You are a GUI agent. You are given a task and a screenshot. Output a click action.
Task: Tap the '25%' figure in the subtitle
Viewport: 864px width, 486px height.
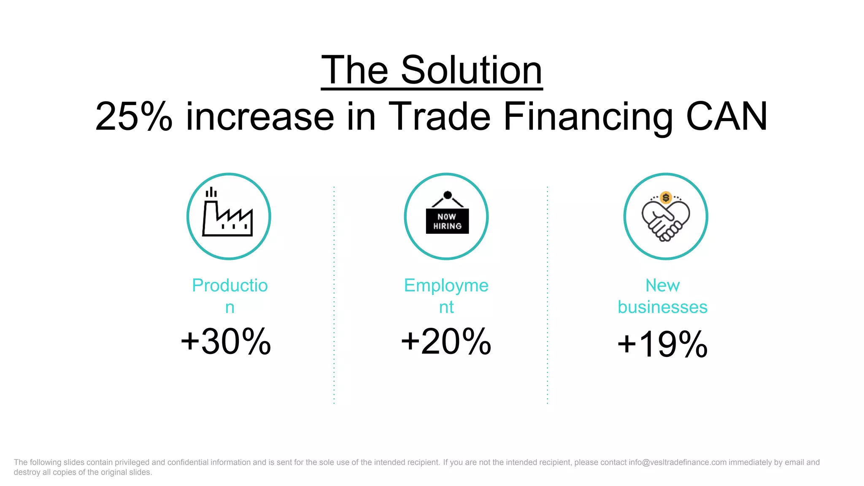click(x=134, y=116)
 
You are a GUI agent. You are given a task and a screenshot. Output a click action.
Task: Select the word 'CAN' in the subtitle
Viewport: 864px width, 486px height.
click(x=726, y=116)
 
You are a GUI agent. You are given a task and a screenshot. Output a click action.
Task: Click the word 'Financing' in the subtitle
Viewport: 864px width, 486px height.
click(x=588, y=116)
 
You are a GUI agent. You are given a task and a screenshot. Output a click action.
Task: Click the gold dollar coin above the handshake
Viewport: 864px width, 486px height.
click(x=666, y=197)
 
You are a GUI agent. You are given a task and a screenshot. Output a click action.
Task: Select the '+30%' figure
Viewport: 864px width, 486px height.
click(x=226, y=342)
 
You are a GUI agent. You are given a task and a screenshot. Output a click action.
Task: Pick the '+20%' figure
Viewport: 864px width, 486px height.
click(x=446, y=342)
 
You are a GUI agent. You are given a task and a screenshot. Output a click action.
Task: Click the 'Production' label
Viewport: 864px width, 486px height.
click(x=230, y=286)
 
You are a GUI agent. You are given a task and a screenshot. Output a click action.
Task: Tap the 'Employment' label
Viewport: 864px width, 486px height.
click(x=446, y=286)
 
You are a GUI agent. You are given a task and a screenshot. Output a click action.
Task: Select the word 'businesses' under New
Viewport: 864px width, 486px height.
click(x=662, y=307)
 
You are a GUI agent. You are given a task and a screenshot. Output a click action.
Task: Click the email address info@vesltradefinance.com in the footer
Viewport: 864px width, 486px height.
click(x=678, y=462)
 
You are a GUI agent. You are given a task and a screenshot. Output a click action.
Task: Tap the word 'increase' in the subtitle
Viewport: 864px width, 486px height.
click(x=259, y=116)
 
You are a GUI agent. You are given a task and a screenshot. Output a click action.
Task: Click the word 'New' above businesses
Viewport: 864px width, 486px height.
click(x=662, y=286)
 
